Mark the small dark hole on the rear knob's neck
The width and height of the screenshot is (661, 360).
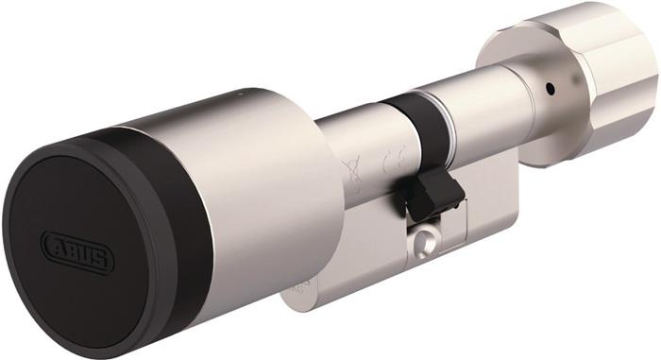coord(547,92)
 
